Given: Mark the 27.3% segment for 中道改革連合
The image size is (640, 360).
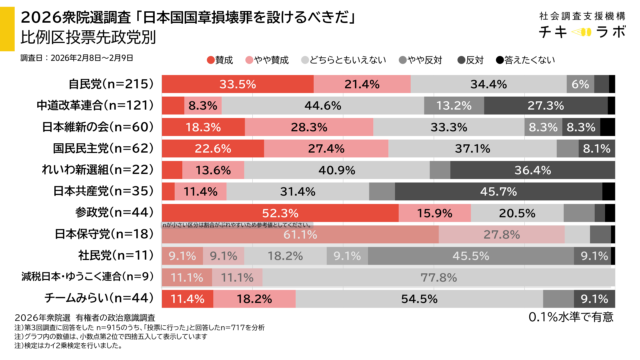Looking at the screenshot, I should pos(546,105).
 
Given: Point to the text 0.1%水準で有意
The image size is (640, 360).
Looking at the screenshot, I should pos(570,318).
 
